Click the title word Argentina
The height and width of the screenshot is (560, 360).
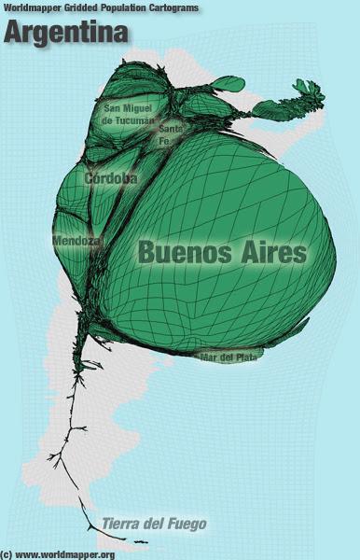[x=67, y=33]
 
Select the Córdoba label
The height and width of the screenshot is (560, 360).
[x=111, y=177]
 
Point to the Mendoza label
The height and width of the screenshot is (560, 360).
[x=76, y=240]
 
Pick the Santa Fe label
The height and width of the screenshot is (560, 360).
[x=170, y=134]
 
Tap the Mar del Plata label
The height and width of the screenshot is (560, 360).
[x=228, y=357]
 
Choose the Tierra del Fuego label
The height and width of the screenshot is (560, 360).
[x=154, y=524]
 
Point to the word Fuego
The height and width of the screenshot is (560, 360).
[x=186, y=524]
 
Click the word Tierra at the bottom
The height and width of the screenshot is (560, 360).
[x=120, y=524]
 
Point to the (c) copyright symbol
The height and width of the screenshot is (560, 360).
[x=7, y=554]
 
